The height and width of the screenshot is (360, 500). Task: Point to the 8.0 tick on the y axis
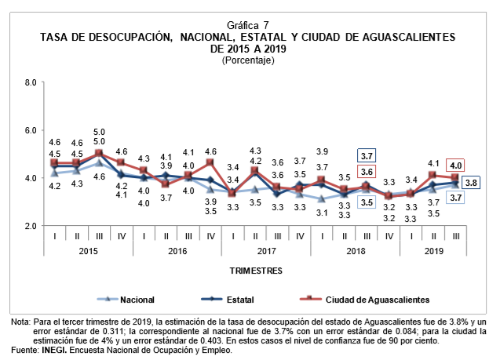click(31, 82)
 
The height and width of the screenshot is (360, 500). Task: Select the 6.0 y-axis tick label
click(31, 130)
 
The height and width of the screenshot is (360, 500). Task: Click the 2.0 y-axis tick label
click(31, 226)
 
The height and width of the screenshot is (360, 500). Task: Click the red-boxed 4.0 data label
click(456, 165)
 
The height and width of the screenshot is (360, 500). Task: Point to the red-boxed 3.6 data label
click(367, 172)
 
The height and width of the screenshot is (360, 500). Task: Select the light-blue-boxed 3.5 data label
click(367, 202)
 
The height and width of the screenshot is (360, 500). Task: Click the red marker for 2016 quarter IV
click(210, 162)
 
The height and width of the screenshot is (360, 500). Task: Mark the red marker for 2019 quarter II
click(433, 175)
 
